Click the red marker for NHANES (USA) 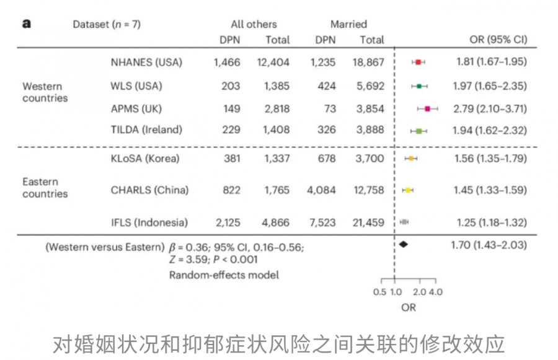coord(418,62)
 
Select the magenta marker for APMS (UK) coord(427,109)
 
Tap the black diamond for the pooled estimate coord(404,244)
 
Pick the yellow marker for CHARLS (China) coord(408,190)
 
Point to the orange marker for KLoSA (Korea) coord(410,159)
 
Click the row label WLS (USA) coord(136,86)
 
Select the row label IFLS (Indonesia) coord(149,222)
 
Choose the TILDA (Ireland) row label coord(146,130)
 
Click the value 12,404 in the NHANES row coord(273,62)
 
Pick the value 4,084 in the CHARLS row coord(321,190)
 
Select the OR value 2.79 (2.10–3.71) coord(490,109)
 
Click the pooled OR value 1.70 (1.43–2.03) coord(489,245)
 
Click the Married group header coord(348,24)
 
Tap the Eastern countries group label coord(45,188)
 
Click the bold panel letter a coord(27,24)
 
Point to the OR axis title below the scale coord(408,307)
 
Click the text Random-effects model coord(224,274)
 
